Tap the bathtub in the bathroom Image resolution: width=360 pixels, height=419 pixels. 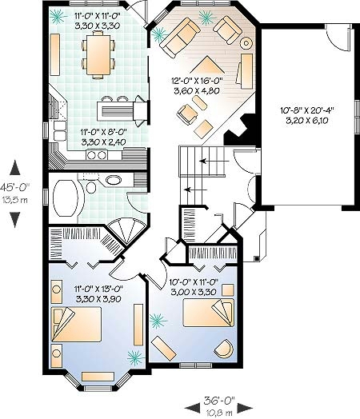pyautogui.click(x=66, y=198)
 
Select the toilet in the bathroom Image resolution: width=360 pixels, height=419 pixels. pyautogui.click(x=91, y=187)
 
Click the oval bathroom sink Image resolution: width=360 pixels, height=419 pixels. pyautogui.click(x=114, y=180)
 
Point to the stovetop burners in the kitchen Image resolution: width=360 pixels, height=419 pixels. pyautogui.click(x=97, y=154)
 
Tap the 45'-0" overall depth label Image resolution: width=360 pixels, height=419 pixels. pyautogui.click(x=14, y=187)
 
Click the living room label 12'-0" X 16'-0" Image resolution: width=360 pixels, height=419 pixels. pyautogui.click(x=197, y=81)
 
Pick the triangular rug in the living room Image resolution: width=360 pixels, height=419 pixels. pyautogui.click(x=207, y=65)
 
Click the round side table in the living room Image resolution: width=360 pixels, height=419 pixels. pyautogui.click(x=246, y=42)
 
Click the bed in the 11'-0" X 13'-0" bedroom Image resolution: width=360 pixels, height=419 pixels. pyautogui.click(x=77, y=324)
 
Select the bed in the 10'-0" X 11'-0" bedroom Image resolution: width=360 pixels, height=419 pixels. pyautogui.click(x=209, y=313)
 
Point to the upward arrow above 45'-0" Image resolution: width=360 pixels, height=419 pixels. pyautogui.click(x=15, y=168)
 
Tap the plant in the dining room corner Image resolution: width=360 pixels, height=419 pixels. pyautogui.click(x=58, y=17)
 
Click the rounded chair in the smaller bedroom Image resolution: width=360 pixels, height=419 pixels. pyautogui.click(x=224, y=349)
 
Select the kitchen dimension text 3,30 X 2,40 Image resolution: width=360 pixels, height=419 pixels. pyautogui.click(x=104, y=142)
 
